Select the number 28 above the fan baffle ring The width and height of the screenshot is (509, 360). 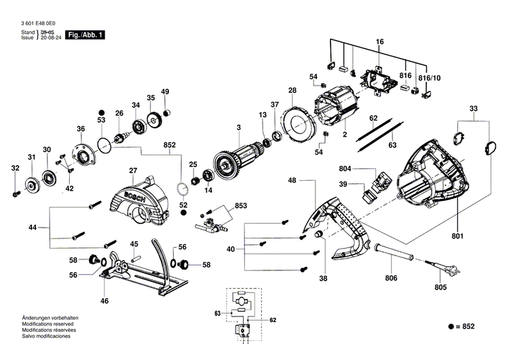pyautogui.click(x=292, y=90)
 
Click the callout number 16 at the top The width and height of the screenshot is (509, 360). pyautogui.click(x=380, y=42)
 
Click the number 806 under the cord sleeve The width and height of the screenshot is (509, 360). pyautogui.click(x=390, y=277)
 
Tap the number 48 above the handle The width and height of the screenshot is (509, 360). pyautogui.click(x=292, y=181)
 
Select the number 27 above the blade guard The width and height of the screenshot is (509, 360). pyautogui.click(x=133, y=171)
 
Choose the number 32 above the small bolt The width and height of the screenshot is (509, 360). pyautogui.click(x=16, y=168)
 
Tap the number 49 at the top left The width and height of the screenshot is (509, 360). pyautogui.click(x=165, y=92)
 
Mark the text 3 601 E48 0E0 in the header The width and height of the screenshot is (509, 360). pyautogui.click(x=38, y=23)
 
